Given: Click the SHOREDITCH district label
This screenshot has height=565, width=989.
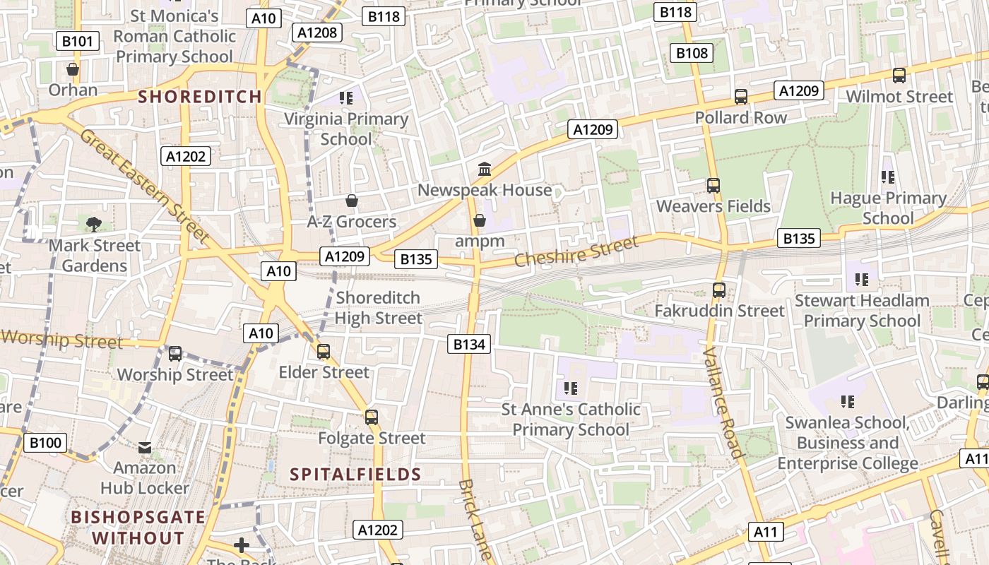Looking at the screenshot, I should click(200, 97).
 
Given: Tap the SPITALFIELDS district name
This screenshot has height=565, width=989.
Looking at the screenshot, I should click(355, 475).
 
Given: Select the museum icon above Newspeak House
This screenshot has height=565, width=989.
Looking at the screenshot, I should click(485, 169).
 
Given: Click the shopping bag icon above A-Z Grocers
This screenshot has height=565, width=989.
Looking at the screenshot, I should click(351, 201).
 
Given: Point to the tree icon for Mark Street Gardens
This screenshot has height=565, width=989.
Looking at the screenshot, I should click(93, 225).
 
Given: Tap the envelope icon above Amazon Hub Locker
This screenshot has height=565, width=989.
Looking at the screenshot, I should click(145, 447).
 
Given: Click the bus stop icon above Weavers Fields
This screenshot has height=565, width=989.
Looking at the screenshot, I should click(713, 186).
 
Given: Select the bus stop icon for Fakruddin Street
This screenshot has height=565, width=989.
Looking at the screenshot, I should click(719, 290).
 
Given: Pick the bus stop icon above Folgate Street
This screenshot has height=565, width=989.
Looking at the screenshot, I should click(372, 417).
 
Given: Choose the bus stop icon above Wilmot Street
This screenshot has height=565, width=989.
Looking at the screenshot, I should click(899, 76).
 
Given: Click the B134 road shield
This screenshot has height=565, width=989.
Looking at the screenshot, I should click(468, 344).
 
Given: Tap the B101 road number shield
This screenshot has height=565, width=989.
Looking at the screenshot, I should click(77, 41).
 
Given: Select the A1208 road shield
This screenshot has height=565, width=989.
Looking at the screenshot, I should click(318, 32).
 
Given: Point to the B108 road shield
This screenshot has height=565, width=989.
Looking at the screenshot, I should click(692, 53).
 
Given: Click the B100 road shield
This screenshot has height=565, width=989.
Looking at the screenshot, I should click(47, 443).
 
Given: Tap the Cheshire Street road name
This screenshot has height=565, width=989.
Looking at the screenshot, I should click(576, 252).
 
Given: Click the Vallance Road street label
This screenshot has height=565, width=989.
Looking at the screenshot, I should click(723, 403).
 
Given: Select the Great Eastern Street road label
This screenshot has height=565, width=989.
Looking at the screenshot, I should click(145, 185).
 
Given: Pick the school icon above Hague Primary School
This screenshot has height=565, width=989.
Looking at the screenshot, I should click(888, 177).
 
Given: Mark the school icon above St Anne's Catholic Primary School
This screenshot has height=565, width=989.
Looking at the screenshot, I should click(571, 388).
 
